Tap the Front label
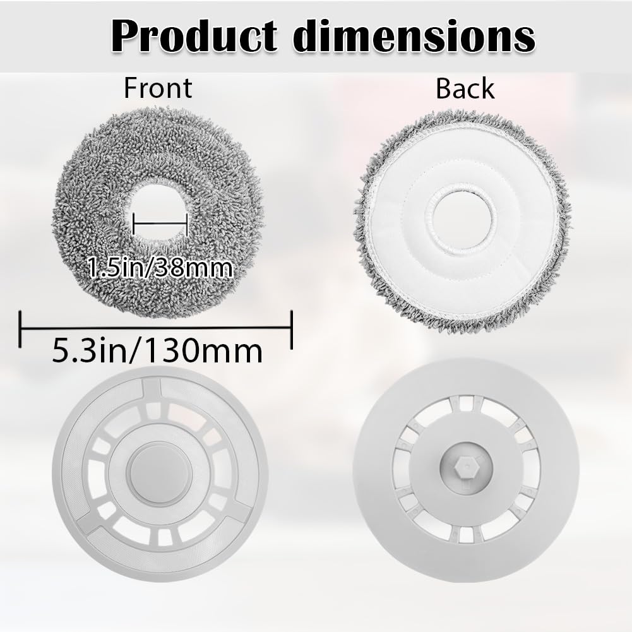pyautogui.click(x=157, y=88)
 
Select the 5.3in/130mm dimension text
pyautogui.click(x=157, y=351)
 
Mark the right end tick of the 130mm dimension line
pyautogui.click(x=292, y=328)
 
